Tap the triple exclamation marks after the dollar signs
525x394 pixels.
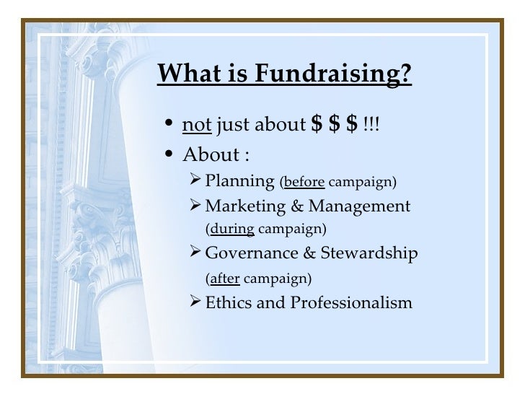coord(371,126)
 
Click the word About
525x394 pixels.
coord(211,154)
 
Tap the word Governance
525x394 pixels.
coord(248,253)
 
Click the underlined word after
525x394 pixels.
coord(224,277)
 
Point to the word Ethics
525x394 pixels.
coord(226,302)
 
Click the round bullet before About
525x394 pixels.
coord(169,155)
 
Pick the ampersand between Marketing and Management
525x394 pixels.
coord(297,206)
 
